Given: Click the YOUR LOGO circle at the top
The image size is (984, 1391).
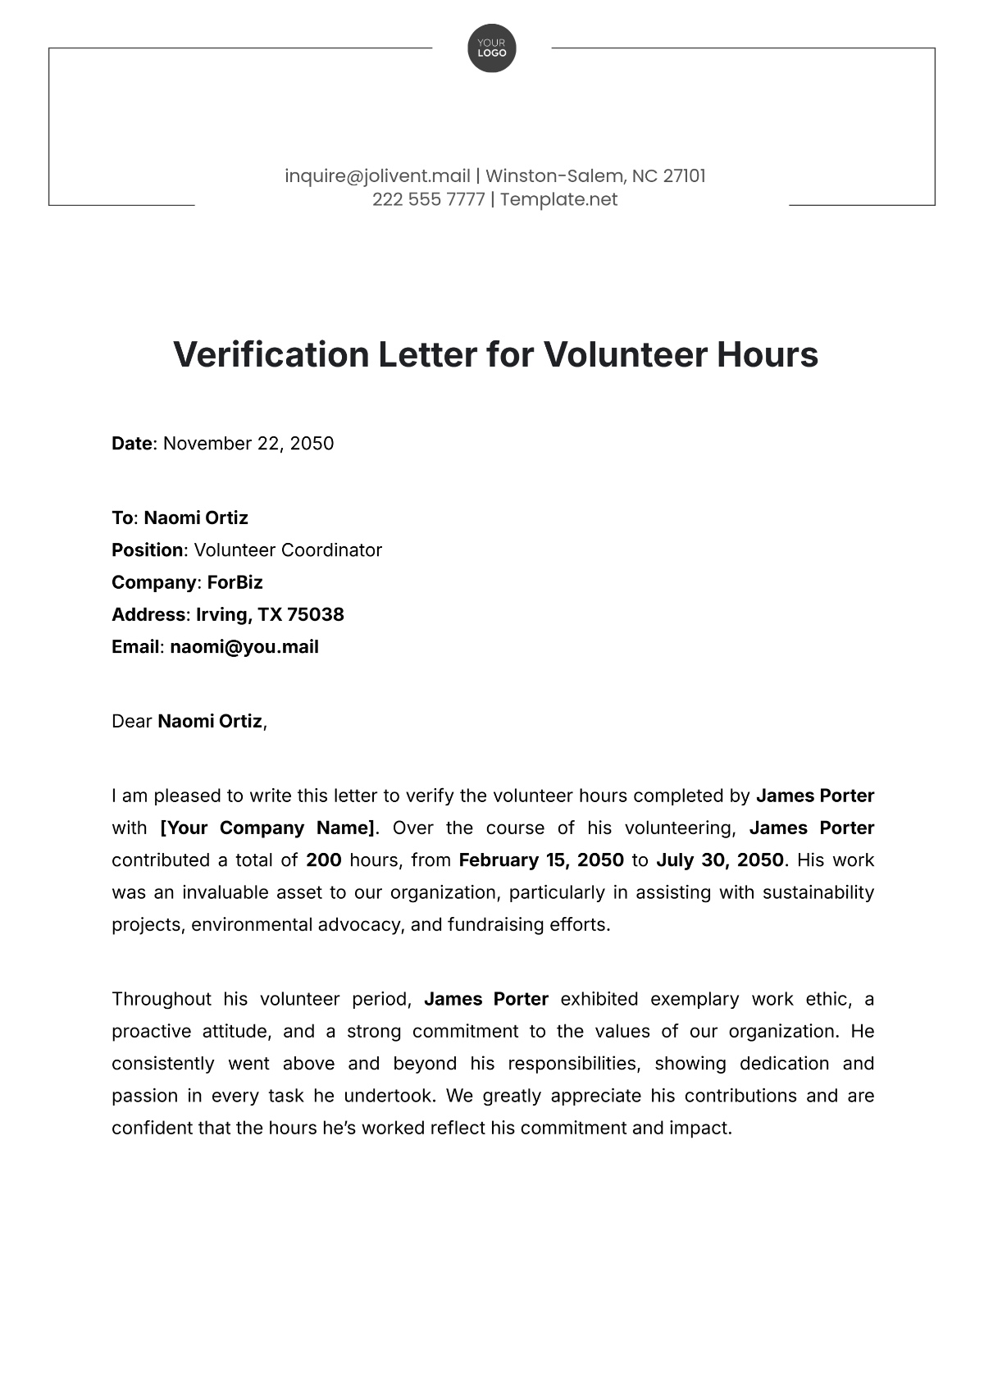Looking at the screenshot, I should point(492,48).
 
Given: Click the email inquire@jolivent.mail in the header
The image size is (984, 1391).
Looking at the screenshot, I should point(377,176).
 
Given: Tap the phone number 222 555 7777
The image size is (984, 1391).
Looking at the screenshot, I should point(428,199).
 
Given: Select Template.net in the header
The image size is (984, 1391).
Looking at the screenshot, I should point(558,199).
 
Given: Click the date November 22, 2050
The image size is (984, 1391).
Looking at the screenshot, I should point(248,444).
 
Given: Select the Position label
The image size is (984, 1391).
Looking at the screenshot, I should point(148,550).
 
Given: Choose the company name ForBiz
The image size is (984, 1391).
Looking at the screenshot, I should point(235,582).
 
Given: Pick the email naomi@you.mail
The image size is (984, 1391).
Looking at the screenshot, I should point(244,647).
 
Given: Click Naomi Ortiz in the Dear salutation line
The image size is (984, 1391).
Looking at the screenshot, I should point(210,722).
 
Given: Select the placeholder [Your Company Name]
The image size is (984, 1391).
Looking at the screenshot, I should point(268,828).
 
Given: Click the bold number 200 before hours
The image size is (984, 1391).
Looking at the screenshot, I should point(323,860).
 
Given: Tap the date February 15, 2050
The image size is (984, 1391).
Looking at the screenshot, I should point(541,860).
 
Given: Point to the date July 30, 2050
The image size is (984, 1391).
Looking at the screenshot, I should point(721,860).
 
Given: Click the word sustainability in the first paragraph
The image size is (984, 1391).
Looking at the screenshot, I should point(818,892).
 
